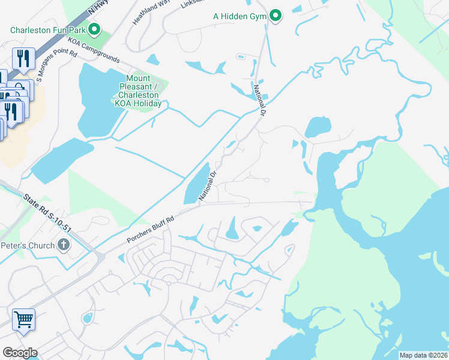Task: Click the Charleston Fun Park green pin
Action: click(94, 28)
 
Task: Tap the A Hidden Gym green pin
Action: click(276, 16)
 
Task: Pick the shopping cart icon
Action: click(23, 320)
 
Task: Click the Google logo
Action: click(20, 352)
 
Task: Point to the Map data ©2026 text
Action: click(423, 355)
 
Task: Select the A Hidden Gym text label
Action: click(240, 16)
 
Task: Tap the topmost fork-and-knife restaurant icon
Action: click(23, 58)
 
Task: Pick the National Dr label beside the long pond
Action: click(208, 187)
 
